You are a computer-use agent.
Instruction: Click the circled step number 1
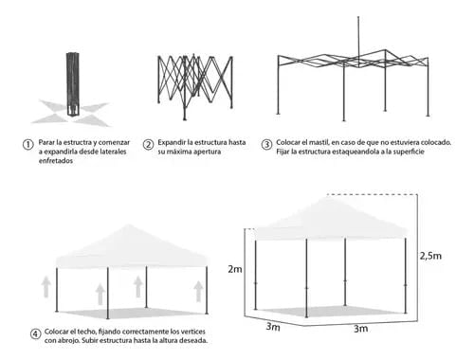coord(28,145)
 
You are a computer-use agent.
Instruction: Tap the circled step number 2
coord(148,145)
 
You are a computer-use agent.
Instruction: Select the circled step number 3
coord(266,145)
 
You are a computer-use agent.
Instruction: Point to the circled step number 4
coord(35,333)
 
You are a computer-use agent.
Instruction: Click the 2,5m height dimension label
coord(430,256)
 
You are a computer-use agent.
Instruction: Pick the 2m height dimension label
coord(235,269)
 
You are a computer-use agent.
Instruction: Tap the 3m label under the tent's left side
coord(273,327)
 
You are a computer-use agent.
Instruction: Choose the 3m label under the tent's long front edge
coord(360,329)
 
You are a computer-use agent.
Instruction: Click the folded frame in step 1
coord(73,84)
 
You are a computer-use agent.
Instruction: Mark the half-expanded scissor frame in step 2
coord(195,87)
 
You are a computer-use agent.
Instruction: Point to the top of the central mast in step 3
coord(358,17)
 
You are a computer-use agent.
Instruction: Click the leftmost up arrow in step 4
coord(46,287)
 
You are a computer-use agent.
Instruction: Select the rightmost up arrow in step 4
coord(198,292)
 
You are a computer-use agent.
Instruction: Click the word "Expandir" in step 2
coord(172,143)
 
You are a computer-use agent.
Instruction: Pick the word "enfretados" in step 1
coord(56,161)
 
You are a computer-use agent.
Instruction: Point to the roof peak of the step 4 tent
coord(128,225)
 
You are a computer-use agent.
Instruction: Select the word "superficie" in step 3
coord(409,152)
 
